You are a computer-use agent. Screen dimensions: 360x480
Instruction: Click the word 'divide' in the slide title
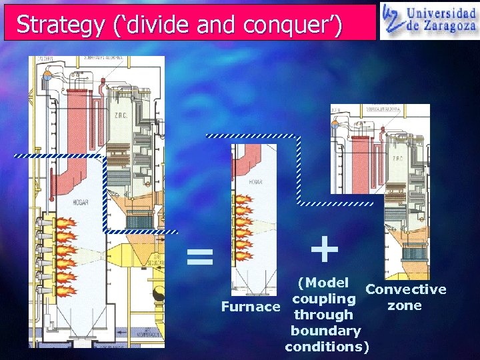155,25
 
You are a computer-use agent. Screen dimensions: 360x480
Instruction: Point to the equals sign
199,256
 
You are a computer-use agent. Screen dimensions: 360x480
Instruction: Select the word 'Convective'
406,289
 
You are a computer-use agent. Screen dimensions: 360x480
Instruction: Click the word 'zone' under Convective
405,306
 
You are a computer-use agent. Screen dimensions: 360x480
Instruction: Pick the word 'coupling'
324,299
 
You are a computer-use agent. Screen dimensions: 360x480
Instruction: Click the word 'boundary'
326,331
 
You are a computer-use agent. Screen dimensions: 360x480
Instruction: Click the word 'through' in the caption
323,315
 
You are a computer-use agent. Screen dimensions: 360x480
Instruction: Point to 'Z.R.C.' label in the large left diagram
121,114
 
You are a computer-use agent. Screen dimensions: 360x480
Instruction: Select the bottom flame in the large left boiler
67,290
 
